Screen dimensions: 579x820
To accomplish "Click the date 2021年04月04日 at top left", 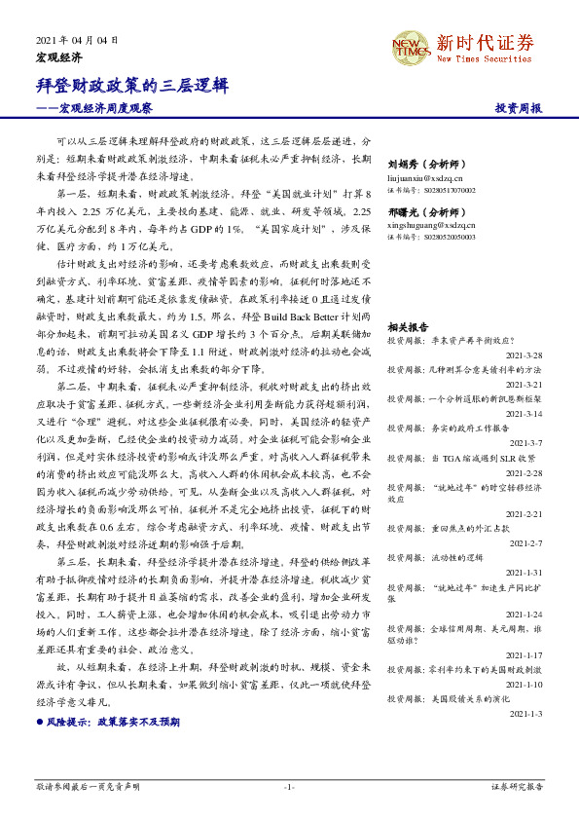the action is coord(77,40).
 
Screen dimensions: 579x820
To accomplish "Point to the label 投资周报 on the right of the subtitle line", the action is coord(518,108).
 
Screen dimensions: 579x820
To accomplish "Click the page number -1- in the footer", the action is coord(289,786).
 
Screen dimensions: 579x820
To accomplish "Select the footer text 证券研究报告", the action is coord(517,786).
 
